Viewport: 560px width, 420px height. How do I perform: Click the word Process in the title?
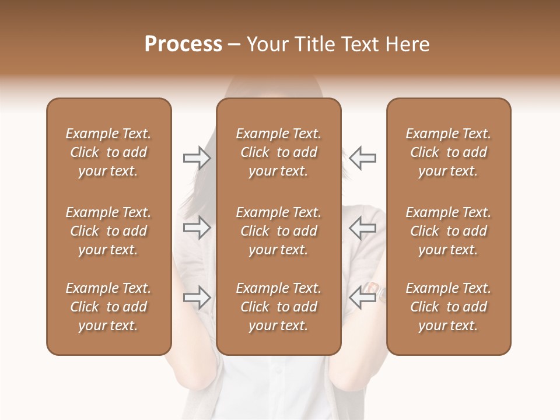pos(183,44)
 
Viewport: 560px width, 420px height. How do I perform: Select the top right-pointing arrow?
pos(197,158)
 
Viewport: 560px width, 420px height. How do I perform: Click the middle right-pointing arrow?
pos(197,228)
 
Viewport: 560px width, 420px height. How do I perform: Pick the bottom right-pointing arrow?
pos(197,297)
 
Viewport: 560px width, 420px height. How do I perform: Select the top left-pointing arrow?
pos(362,158)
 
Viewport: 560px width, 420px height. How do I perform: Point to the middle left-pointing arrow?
pos(362,228)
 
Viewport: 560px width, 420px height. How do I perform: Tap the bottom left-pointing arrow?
pos(362,297)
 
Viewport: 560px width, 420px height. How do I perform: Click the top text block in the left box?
pos(108,152)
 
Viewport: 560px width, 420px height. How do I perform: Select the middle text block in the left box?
pos(108,231)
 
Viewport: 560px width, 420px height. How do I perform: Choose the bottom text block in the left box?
pos(108,307)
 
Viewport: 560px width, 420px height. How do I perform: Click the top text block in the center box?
pos(278,152)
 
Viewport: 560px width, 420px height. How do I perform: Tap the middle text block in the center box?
pos(278,231)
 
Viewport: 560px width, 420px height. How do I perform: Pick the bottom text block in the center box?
pos(278,307)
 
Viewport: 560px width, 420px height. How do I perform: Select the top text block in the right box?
pos(449,152)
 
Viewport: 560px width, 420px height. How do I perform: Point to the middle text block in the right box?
pos(449,231)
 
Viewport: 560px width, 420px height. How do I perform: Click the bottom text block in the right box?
pos(449,307)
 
